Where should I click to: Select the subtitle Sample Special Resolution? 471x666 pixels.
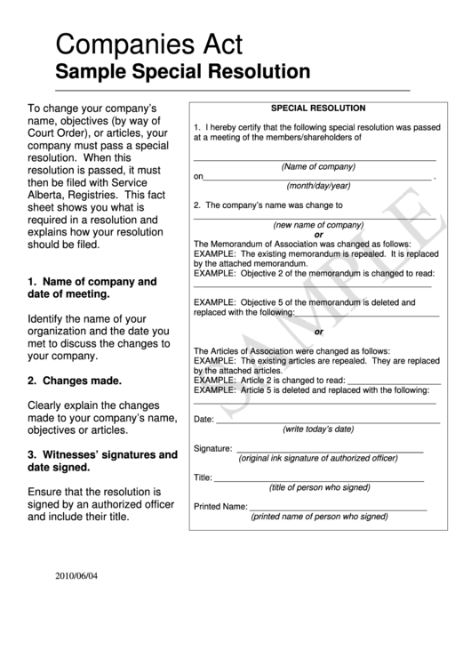point(182,71)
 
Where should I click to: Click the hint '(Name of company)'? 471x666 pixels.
point(317,167)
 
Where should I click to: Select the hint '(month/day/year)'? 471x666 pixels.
point(317,186)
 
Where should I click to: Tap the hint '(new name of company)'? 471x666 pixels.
point(318,225)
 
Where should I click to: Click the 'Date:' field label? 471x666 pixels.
point(204,418)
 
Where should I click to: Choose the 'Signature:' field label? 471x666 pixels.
point(212,449)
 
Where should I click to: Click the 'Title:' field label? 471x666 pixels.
point(203,477)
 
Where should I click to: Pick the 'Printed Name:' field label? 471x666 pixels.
point(220,506)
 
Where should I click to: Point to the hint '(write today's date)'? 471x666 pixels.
point(317,429)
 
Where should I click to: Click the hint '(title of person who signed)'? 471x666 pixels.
point(319,487)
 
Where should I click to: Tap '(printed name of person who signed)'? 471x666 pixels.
point(319,516)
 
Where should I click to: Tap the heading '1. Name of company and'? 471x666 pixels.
point(92,281)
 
